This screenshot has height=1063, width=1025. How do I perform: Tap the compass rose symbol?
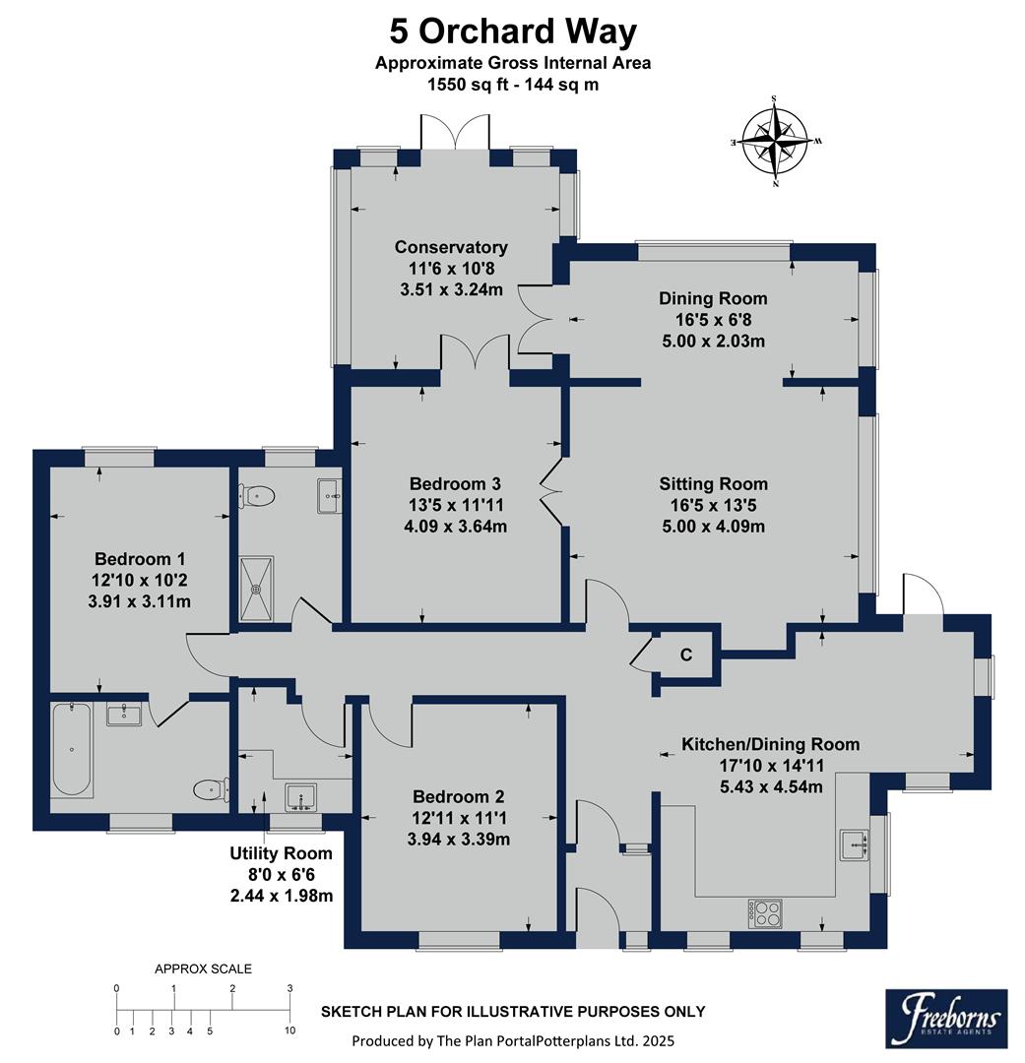[x=776, y=141]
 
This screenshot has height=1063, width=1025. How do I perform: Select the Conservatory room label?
[x=451, y=247]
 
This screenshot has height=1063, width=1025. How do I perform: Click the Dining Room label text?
[x=713, y=298]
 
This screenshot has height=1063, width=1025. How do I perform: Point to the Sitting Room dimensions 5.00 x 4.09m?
[x=713, y=526]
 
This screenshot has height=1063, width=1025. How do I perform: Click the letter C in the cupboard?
[x=686, y=655]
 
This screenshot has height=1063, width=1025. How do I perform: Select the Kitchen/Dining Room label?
[x=771, y=744]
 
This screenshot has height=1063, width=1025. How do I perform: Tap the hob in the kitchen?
[x=764, y=912]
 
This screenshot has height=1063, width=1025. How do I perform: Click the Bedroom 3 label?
[x=455, y=483]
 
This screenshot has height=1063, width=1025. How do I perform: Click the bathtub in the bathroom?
[x=71, y=749]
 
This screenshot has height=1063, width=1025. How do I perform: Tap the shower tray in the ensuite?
[x=257, y=589]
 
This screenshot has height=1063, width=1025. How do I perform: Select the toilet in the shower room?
[x=257, y=495]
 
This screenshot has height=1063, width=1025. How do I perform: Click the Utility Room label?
[x=281, y=853]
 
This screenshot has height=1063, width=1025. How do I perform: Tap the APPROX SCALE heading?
[x=203, y=969]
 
